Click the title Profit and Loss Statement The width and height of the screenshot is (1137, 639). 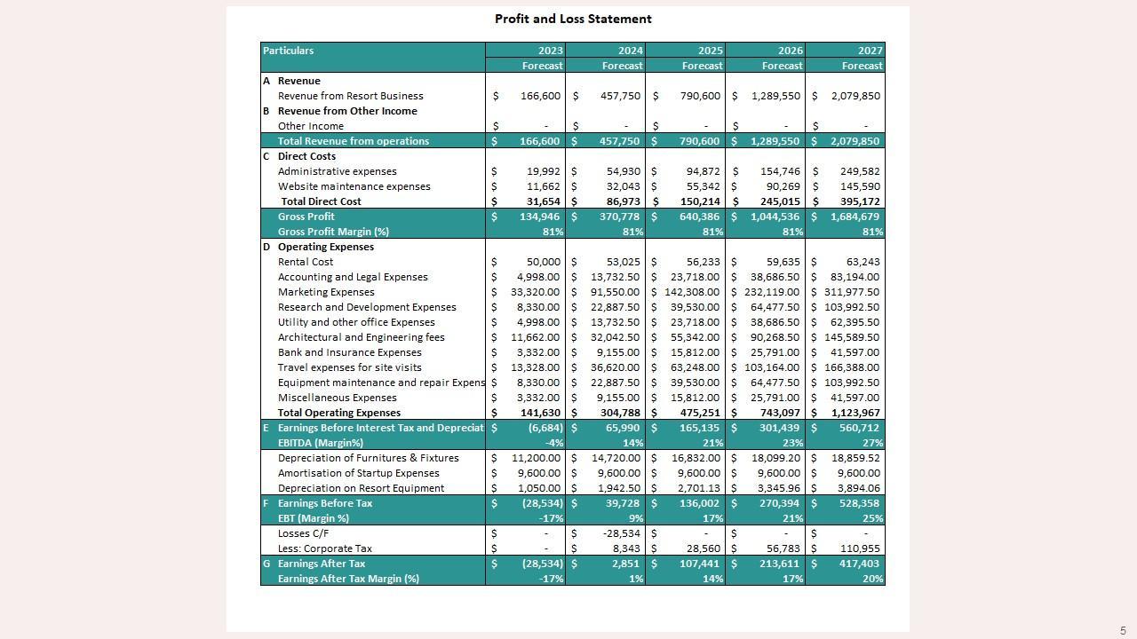pyautogui.click(x=573, y=19)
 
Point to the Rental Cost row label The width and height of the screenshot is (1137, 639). pyautogui.click(x=306, y=262)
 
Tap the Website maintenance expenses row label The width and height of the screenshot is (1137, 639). pyautogui.click(x=354, y=186)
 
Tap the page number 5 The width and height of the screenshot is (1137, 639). pyautogui.click(x=1123, y=631)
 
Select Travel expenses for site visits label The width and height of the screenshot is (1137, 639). pyautogui.click(x=350, y=367)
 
